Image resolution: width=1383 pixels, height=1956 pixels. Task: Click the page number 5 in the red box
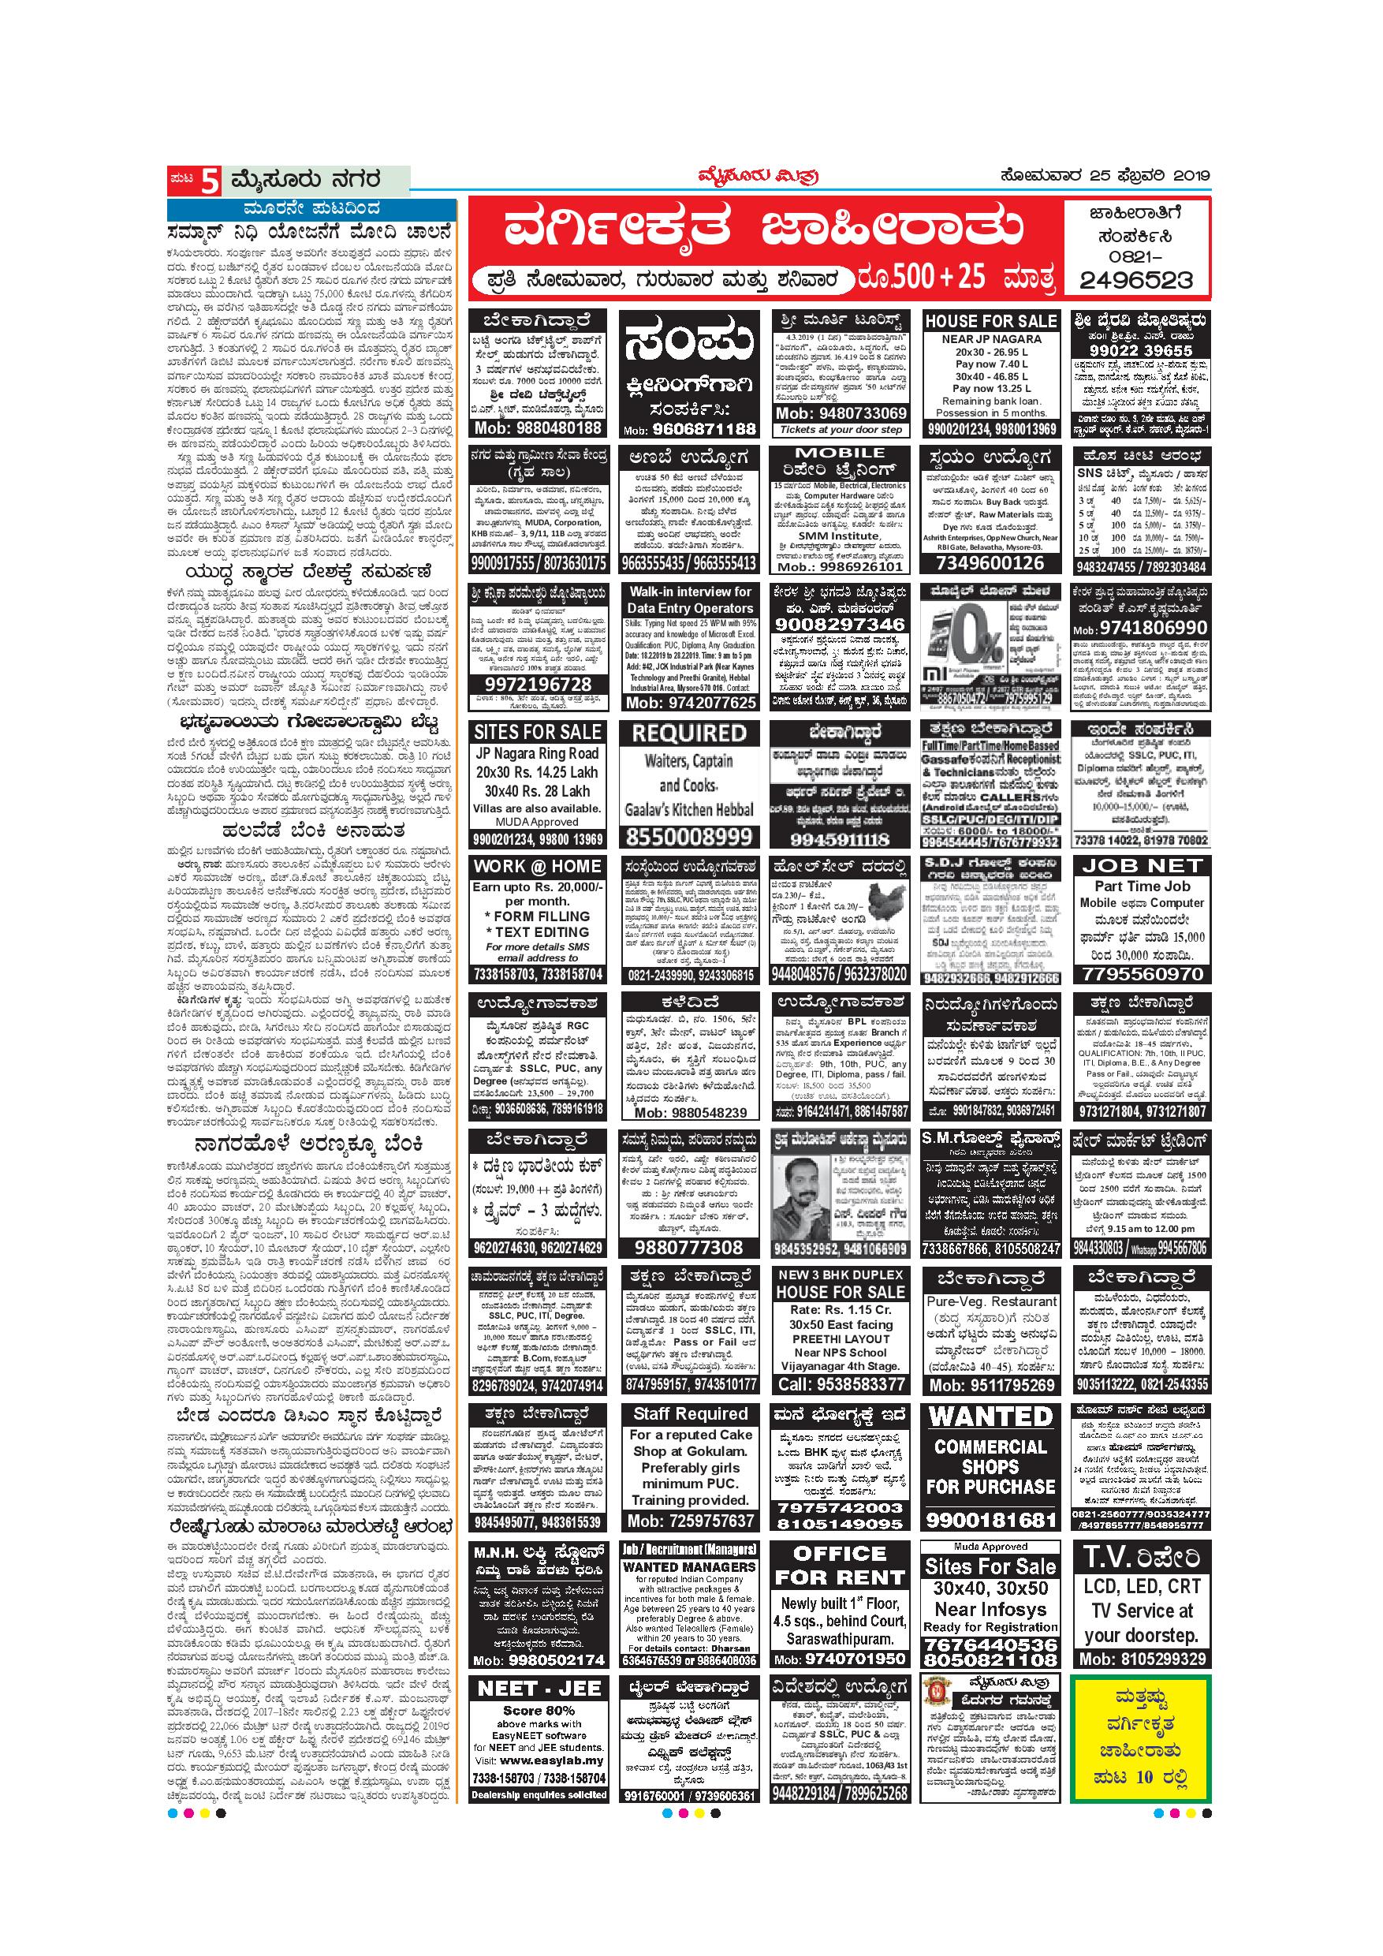pos(209,181)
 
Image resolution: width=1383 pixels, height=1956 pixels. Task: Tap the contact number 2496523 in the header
pos(1136,280)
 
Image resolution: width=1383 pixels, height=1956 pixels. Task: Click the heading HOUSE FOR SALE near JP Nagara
pos(991,321)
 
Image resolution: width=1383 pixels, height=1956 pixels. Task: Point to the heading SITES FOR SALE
pos(538,732)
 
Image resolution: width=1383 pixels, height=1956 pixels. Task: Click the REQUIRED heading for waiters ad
pos(689,733)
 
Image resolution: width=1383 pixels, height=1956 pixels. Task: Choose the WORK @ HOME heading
pos(538,867)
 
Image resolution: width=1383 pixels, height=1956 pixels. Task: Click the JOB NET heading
pos(1141,865)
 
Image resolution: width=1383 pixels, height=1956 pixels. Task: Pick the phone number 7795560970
pos(1141,973)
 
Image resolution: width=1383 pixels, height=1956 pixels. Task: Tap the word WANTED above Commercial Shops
pos(991,1417)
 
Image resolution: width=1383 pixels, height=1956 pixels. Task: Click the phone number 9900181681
pos(991,1519)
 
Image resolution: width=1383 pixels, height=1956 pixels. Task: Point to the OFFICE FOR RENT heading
pos(840,1565)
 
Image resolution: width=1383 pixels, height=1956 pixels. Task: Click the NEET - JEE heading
pos(539,1688)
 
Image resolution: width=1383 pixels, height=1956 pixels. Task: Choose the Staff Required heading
pos(690,1414)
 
